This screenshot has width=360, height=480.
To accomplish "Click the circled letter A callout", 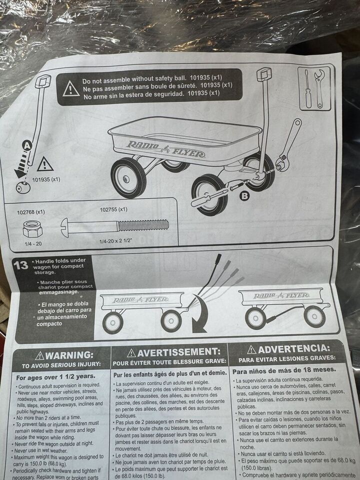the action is (27, 145).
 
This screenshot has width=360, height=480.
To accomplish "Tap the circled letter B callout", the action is (244, 196).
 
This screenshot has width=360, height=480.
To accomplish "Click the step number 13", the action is (20, 265).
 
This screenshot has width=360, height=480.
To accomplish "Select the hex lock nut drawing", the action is (32, 229).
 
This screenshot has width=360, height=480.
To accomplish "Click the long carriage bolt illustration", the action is (115, 227).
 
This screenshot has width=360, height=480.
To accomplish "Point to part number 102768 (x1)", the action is (31, 212).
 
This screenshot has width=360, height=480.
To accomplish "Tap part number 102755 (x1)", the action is (113, 209).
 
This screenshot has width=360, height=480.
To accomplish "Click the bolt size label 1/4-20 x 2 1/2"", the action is (115, 241).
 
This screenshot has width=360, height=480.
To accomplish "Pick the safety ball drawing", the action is (23, 187).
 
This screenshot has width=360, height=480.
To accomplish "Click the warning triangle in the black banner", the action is (71, 89).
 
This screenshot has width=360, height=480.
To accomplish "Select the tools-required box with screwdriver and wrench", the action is (314, 88).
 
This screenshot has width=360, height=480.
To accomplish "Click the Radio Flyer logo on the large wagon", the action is (166, 149).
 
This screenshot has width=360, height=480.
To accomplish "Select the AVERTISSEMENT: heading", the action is (174, 352).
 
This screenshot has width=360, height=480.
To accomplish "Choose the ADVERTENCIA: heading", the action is (288, 349).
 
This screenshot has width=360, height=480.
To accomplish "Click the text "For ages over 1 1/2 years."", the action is (55, 377).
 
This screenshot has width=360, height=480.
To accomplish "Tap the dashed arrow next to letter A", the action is (22, 165).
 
